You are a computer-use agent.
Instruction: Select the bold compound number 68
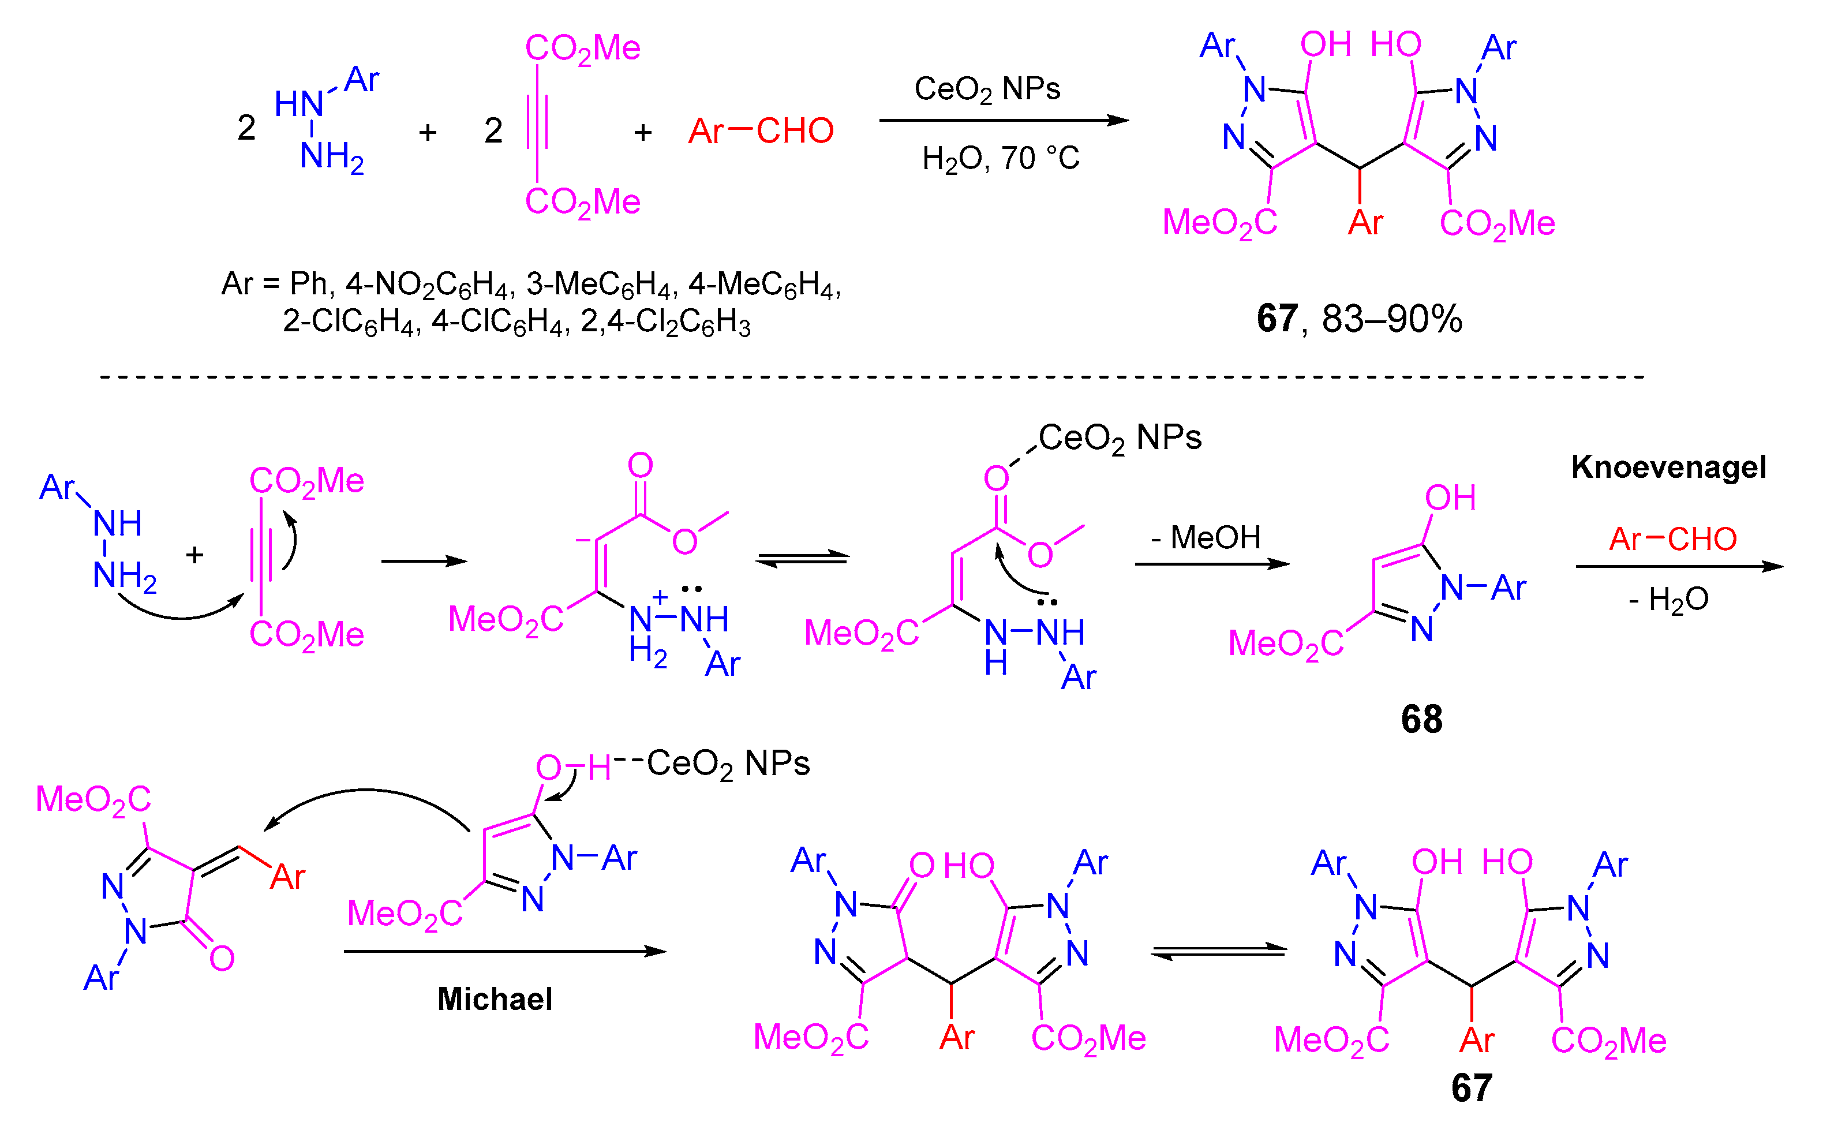[1421, 719]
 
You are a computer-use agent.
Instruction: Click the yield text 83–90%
[1392, 319]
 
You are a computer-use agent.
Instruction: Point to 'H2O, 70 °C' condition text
[1000, 159]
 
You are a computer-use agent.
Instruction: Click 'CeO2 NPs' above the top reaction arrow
[987, 89]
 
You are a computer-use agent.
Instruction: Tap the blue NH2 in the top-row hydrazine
[331, 157]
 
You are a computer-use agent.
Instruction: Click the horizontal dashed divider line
[871, 377]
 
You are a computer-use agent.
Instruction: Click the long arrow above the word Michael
[505, 951]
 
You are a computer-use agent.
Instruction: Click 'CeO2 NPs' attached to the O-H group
[728, 764]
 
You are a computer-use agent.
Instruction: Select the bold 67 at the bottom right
[1472, 1088]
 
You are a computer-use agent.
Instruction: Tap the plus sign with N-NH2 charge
[659, 597]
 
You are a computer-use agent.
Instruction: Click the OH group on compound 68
[1450, 498]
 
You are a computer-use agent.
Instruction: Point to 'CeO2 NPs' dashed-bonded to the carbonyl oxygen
[1120, 438]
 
